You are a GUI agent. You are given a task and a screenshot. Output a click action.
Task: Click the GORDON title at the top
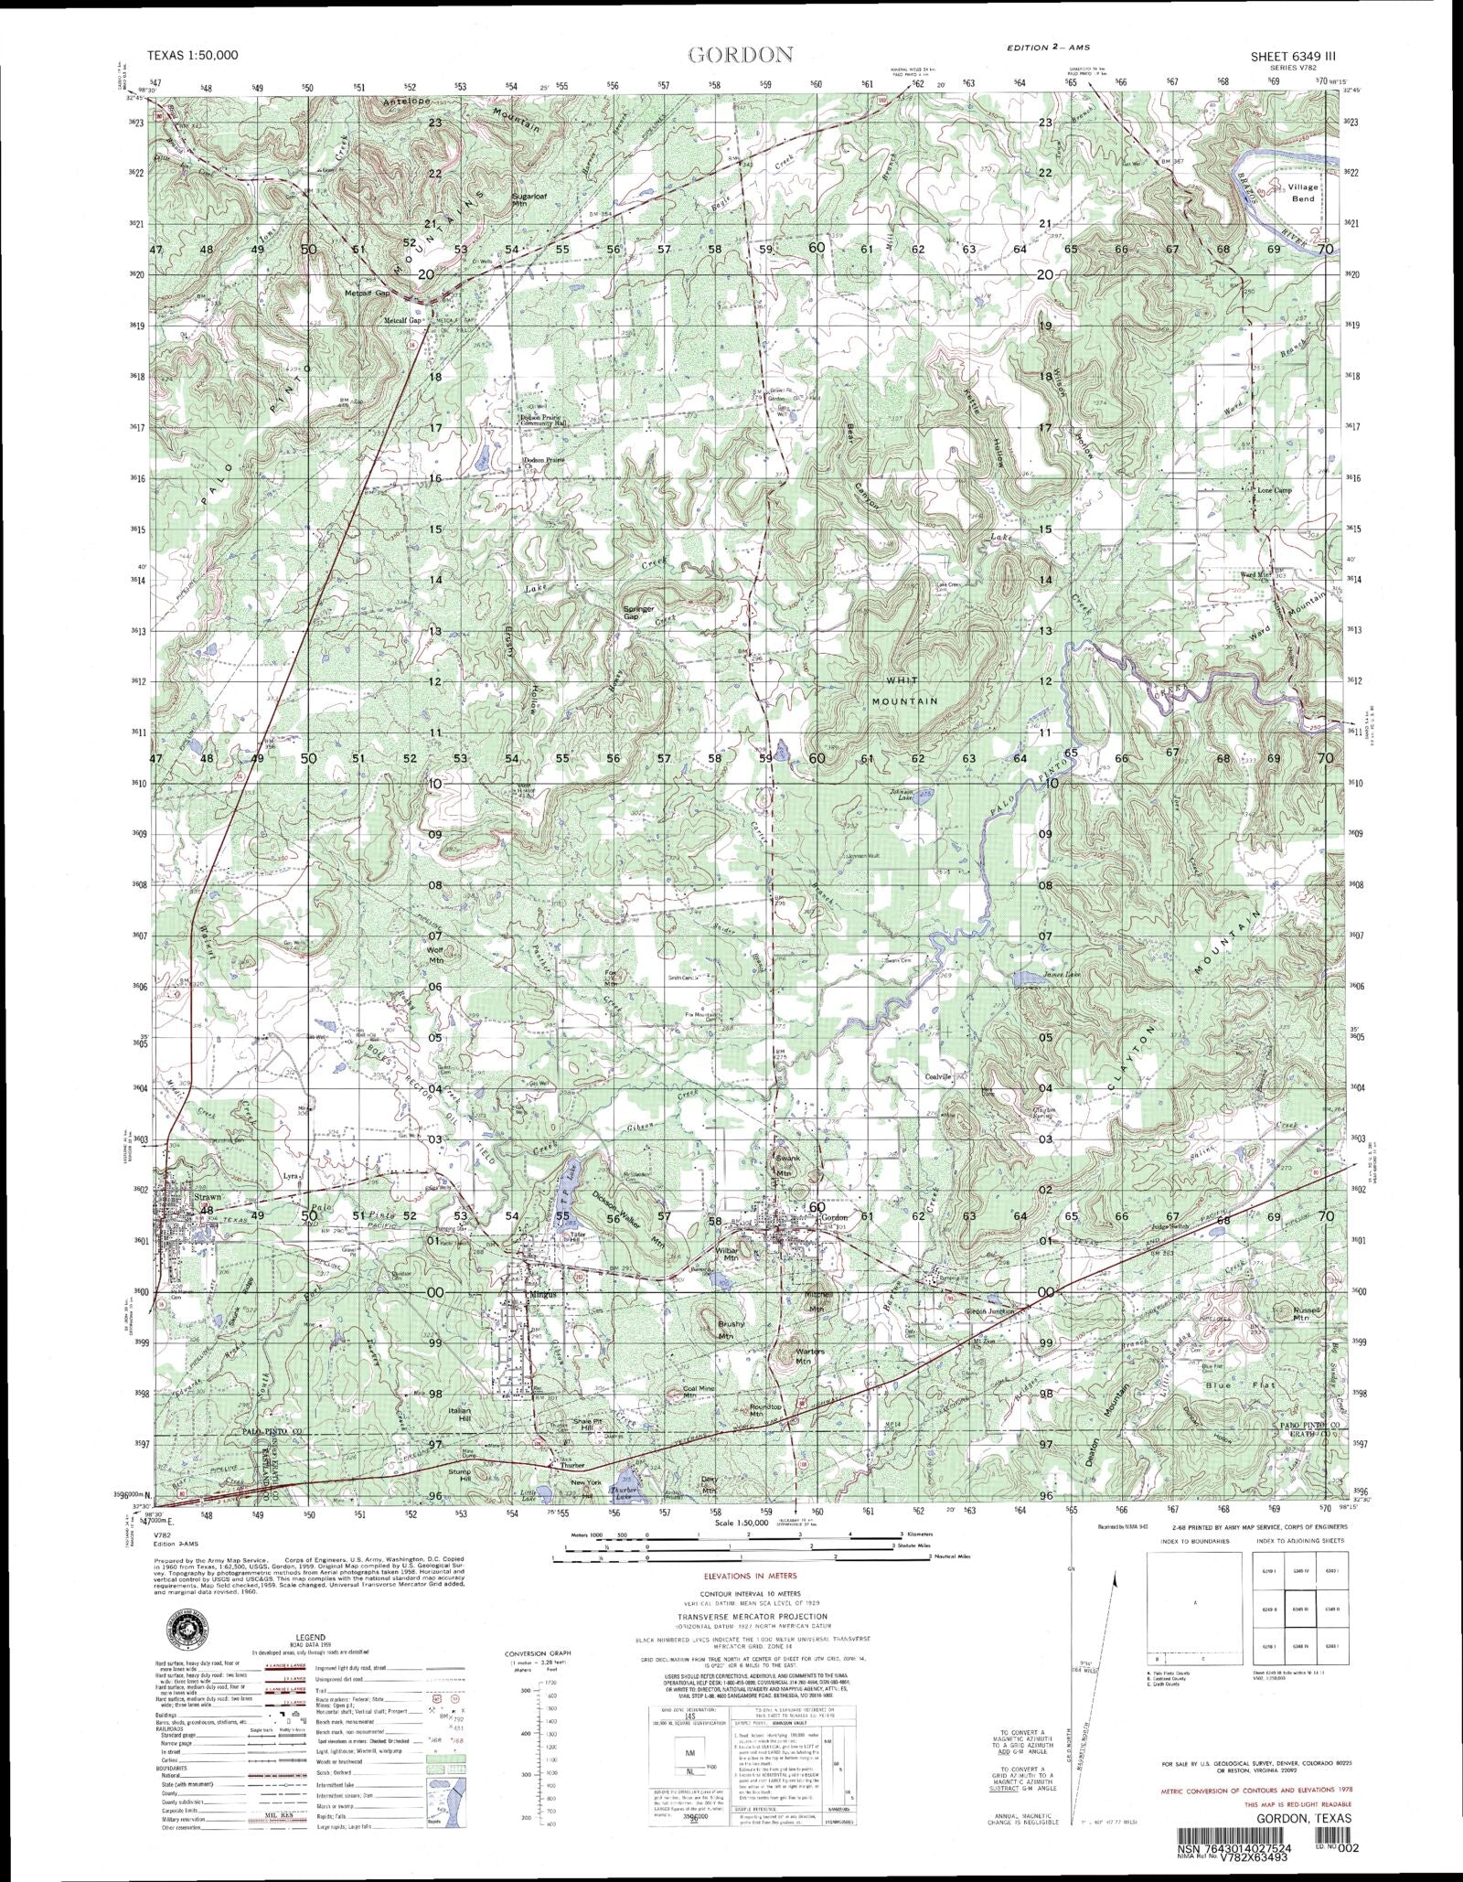[740, 55]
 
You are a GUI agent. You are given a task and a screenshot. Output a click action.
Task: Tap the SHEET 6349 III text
[1292, 56]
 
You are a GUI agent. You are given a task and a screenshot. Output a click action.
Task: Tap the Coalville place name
[939, 1077]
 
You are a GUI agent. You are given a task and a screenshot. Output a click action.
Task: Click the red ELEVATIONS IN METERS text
[750, 1577]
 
